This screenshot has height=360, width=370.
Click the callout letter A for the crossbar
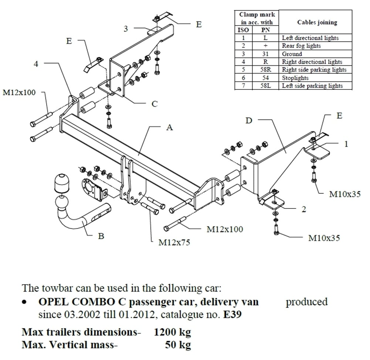[x=169, y=128]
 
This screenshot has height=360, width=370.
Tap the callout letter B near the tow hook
[x=101, y=236]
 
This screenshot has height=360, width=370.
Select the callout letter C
[x=155, y=104]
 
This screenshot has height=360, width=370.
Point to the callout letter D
[x=249, y=120]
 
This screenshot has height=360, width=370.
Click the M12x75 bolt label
[x=174, y=243]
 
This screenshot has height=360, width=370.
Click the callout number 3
[x=126, y=28]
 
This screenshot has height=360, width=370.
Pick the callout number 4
[x=36, y=64]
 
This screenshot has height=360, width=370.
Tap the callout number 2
[x=304, y=210]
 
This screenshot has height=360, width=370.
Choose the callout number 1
[x=346, y=144]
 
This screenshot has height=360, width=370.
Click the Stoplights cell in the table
[x=295, y=78]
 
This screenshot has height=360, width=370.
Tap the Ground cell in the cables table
[x=292, y=54]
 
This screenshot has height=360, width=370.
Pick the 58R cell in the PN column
[x=265, y=70]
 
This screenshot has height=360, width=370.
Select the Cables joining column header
[x=317, y=22]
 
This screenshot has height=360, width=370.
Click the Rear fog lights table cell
[x=301, y=46]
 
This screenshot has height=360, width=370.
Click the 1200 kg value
[x=172, y=332]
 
